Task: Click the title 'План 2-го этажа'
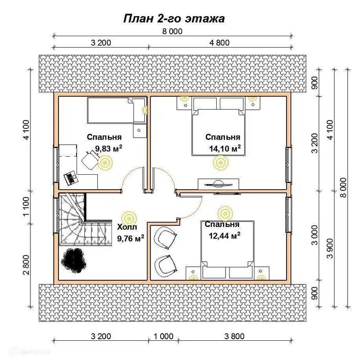pyautogui.click(x=174, y=19)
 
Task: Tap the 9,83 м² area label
pyautogui.click(x=109, y=148)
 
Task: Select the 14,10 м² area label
pyautogui.click(x=225, y=148)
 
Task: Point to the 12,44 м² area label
pyautogui.click(x=224, y=235)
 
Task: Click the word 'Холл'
pyautogui.click(x=127, y=227)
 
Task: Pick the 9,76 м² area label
pyautogui.click(x=131, y=238)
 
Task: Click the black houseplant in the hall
pyautogui.click(x=73, y=261)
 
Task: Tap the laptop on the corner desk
pyautogui.click(x=71, y=177)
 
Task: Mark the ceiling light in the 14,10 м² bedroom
pyautogui.click(x=220, y=162)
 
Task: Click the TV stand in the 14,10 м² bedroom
pyautogui.click(x=218, y=184)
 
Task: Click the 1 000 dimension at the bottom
pyautogui.click(x=163, y=336)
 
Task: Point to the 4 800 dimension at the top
pyautogui.click(x=219, y=43)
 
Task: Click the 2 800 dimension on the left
pyautogui.click(x=26, y=265)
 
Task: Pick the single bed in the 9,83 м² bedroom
pyautogui.click(x=116, y=110)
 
